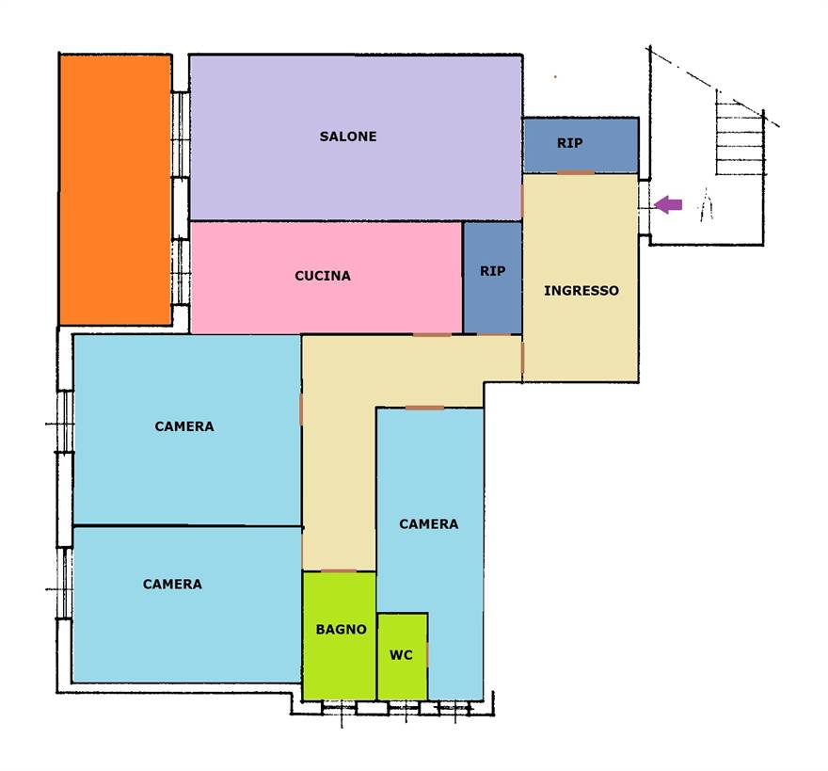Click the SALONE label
pos(348,137)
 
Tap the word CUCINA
pos(323,276)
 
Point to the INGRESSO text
pos(581,291)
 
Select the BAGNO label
pos(342,630)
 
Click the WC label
pos(402,655)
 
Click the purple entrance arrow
pos(668,204)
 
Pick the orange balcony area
pos(115,190)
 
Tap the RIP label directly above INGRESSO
pos(570,143)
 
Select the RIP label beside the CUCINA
pos(493,271)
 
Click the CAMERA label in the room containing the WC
pos(429,524)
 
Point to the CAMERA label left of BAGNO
pos(173,585)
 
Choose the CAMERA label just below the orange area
pos(184,426)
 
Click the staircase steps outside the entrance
pos(740,133)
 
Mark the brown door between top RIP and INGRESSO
pos(576,172)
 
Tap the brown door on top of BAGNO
pos(339,570)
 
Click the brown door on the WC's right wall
pos(427,654)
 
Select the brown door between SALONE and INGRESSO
pos(522,201)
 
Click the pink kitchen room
pos(326,278)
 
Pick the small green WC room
pos(403,657)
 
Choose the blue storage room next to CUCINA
pos(493,278)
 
